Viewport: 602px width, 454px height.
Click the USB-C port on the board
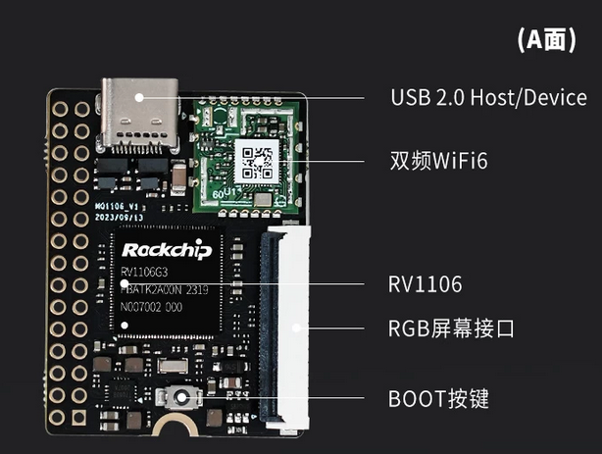(139, 117)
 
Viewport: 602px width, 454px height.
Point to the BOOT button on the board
(181, 398)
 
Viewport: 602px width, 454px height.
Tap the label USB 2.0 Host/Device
(488, 98)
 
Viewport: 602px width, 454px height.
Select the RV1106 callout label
(425, 285)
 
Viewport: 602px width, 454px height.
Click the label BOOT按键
(438, 399)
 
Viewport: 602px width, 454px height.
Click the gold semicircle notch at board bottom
(176, 430)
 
